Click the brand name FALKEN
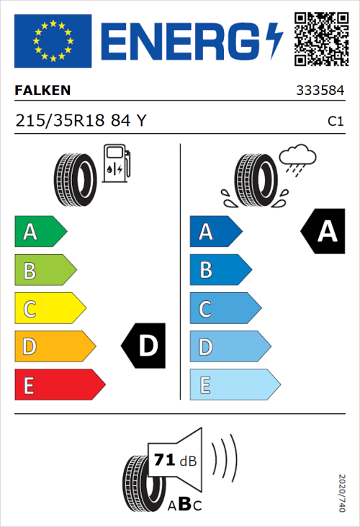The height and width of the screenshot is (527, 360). click(42, 91)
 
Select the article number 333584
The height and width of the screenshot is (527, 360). click(320, 91)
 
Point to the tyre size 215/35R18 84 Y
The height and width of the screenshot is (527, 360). click(81, 121)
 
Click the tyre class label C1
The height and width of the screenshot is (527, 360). click(335, 122)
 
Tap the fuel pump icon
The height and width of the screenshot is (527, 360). click(116, 163)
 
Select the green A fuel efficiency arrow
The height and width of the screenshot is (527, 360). click(40, 232)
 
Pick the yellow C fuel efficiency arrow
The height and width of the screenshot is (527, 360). click(50, 309)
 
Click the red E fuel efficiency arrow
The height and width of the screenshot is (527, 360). click(59, 385)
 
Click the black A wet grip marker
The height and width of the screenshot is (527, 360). click(325, 231)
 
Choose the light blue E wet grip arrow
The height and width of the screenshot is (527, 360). click(234, 385)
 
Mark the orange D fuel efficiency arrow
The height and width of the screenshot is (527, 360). click(55, 347)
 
